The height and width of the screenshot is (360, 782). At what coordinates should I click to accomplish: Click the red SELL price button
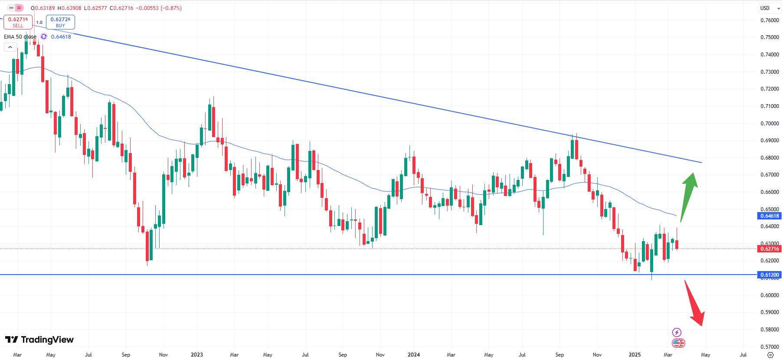tap(18, 22)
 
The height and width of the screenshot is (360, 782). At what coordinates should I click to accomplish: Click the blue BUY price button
tap(60, 22)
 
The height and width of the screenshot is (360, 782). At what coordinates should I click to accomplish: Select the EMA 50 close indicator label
tap(20, 37)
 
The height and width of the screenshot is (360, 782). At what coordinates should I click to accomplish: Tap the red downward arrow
tap(694, 304)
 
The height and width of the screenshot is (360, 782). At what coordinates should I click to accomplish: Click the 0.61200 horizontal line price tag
tap(769, 275)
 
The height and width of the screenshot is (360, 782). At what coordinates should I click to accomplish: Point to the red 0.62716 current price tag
tap(769, 249)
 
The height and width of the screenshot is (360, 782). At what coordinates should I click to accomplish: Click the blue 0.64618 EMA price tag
tap(769, 216)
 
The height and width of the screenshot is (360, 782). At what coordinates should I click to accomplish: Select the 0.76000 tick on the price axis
tap(769, 20)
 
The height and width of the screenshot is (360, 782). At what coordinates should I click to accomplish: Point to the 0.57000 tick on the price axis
tap(769, 347)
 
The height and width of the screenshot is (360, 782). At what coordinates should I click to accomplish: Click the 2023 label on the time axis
tap(197, 355)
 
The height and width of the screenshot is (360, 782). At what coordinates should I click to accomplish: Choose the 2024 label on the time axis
tap(414, 355)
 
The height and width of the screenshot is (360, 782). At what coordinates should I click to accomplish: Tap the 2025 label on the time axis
tap(635, 355)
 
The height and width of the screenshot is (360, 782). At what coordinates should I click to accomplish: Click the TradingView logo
tap(39, 340)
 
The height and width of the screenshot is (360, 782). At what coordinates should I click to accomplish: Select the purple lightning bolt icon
tap(677, 333)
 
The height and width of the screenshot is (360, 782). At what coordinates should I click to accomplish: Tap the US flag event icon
tap(678, 343)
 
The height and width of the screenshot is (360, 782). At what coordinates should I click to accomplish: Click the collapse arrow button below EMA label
tap(10, 47)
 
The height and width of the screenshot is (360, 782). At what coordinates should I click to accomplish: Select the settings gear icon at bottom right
tap(770, 355)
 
